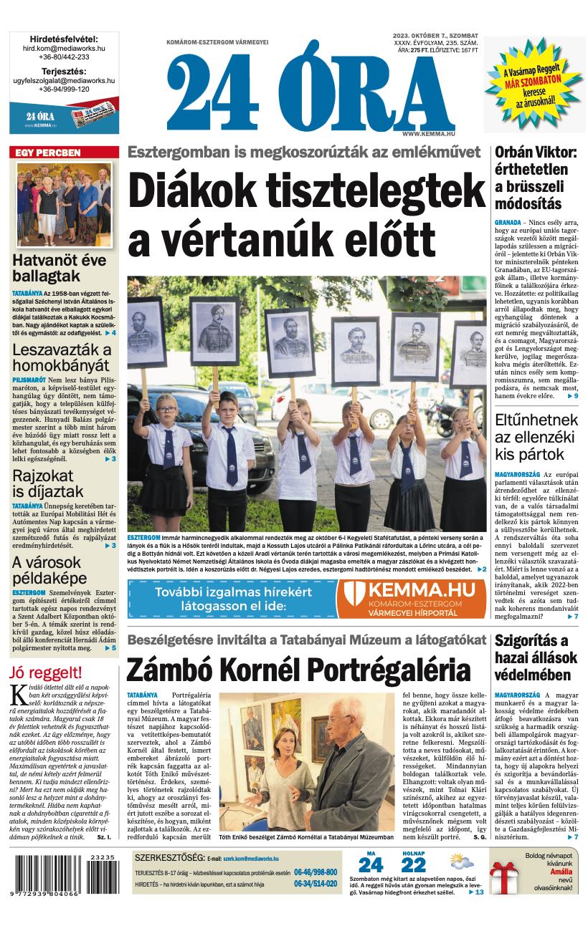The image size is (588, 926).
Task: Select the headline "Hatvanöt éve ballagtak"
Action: [x=59, y=269]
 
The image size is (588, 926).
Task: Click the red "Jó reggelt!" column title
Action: [x=46, y=672]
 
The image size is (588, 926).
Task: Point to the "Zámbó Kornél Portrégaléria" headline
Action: [x=298, y=670]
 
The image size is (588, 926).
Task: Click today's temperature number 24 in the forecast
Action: [x=371, y=864]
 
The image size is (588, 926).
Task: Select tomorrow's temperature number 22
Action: [x=414, y=864]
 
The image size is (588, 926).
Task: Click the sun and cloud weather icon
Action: [x=461, y=862]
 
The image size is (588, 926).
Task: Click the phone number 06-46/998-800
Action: [x=315, y=872]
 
